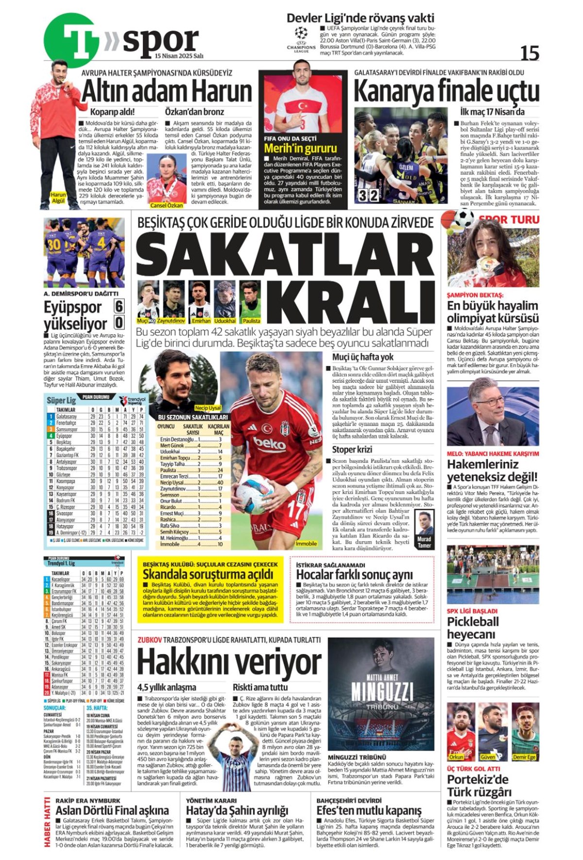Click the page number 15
(x=529, y=52)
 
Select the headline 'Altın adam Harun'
(x=167, y=91)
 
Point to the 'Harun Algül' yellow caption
(x=58, y=198)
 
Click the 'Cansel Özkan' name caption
(x=167, y=206)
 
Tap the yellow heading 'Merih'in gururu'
(x=300, y=148)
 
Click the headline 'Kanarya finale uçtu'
(x=446, y=91)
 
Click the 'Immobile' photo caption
(x=306, y=544)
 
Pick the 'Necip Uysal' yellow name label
(x=208, y=408)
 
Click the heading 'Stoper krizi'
(x=352, y=449)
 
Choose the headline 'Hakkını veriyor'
(x=229, y=662)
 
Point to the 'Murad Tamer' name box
(x=424, y=542)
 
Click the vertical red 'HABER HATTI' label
(x=47, y=821)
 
